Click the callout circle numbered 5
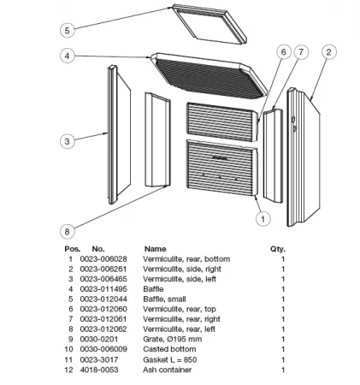[68, 30]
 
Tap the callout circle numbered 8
[68, 231]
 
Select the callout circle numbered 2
[329, 52]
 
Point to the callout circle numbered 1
[263, 219]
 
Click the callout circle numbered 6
[284, 52]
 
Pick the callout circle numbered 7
[301, 52]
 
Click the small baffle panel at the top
[210, 24]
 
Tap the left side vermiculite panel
[119, 134]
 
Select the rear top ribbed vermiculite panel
[222, 121]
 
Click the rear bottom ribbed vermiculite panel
[222, 168]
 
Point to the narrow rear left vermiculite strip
[157, 139]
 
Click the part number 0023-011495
[103, 289]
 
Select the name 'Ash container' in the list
[167, 370]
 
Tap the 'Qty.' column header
[278, 249]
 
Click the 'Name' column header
[156, 249]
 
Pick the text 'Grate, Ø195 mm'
[173, 339]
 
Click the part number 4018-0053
[99, 370]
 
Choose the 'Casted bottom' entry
[169, 349]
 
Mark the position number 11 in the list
[68, 359]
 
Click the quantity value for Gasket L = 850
[283, 359]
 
